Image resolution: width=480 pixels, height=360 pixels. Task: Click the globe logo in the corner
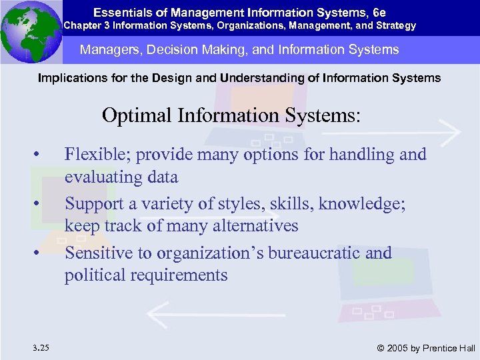pyautogui.click(x=31, y=31)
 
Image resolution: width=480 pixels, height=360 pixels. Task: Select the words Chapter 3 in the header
pyautogui.click(x=85, y=26)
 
